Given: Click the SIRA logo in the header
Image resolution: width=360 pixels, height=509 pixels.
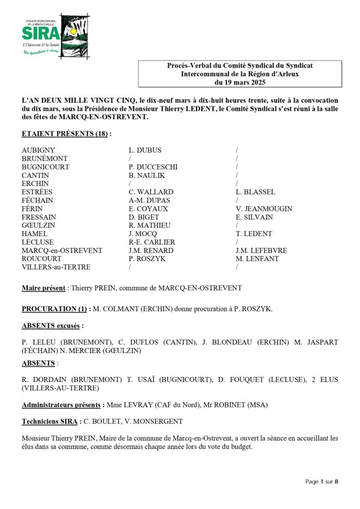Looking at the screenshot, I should click(x=49, y=34).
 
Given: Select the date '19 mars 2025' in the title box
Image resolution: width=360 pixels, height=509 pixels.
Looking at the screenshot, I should click(x=240, y=82).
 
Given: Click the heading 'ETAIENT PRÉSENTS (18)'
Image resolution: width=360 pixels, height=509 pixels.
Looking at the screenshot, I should click(x=65, y=134).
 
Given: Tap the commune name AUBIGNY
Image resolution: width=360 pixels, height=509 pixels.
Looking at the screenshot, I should click(x=38, y=150).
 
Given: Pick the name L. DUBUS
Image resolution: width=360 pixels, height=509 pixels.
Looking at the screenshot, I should click(x=145, y=150).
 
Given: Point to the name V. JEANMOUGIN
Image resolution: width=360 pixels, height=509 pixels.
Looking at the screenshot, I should click(x=264, y=209).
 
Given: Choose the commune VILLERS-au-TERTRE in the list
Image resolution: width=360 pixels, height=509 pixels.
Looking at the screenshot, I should click(x=56, y=267).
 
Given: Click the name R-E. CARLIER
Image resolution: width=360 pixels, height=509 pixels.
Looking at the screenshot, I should click(x=152, y=242).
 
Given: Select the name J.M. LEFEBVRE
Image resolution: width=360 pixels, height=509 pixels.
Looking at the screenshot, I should click(x=261, y=250).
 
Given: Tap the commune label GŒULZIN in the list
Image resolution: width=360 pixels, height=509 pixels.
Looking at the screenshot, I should click(x=39, y=225).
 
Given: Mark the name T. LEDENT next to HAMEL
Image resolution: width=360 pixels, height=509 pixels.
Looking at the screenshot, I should click(x=254, y=233).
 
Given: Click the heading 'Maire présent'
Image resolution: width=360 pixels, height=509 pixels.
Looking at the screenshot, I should click(x=43, y=288).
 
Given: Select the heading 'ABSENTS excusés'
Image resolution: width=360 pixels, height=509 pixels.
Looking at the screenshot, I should click(x=52, y=326).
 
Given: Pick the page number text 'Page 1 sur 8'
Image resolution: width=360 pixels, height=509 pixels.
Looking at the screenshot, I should click(x=321, y=482).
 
